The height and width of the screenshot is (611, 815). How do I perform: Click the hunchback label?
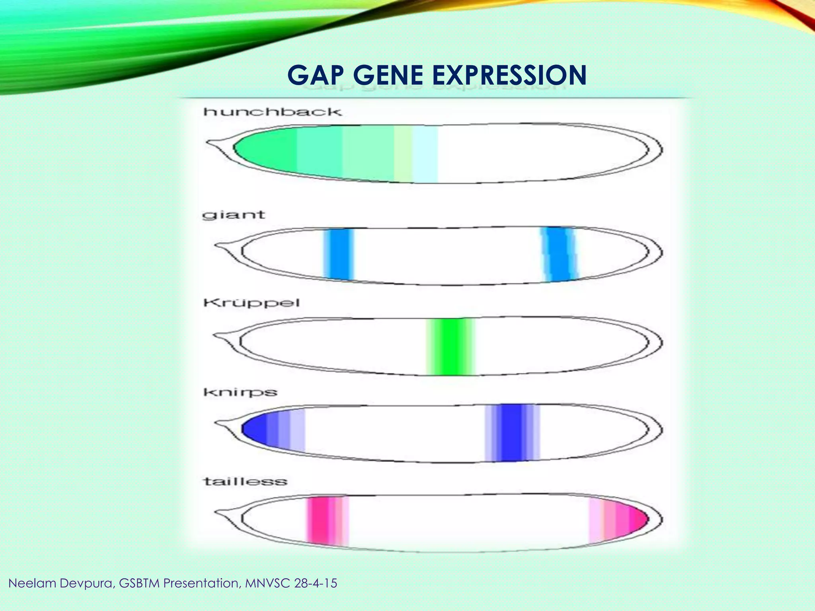point(273,112)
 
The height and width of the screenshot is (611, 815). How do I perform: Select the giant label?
point(234,215)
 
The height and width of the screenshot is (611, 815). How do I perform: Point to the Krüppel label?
point(252,303)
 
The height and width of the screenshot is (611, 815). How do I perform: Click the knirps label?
point(240,393)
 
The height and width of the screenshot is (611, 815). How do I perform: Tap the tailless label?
point(245,482)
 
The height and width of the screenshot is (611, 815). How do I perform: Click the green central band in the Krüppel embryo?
point(450,346)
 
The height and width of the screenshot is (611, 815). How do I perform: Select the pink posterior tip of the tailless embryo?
point(637,519)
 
